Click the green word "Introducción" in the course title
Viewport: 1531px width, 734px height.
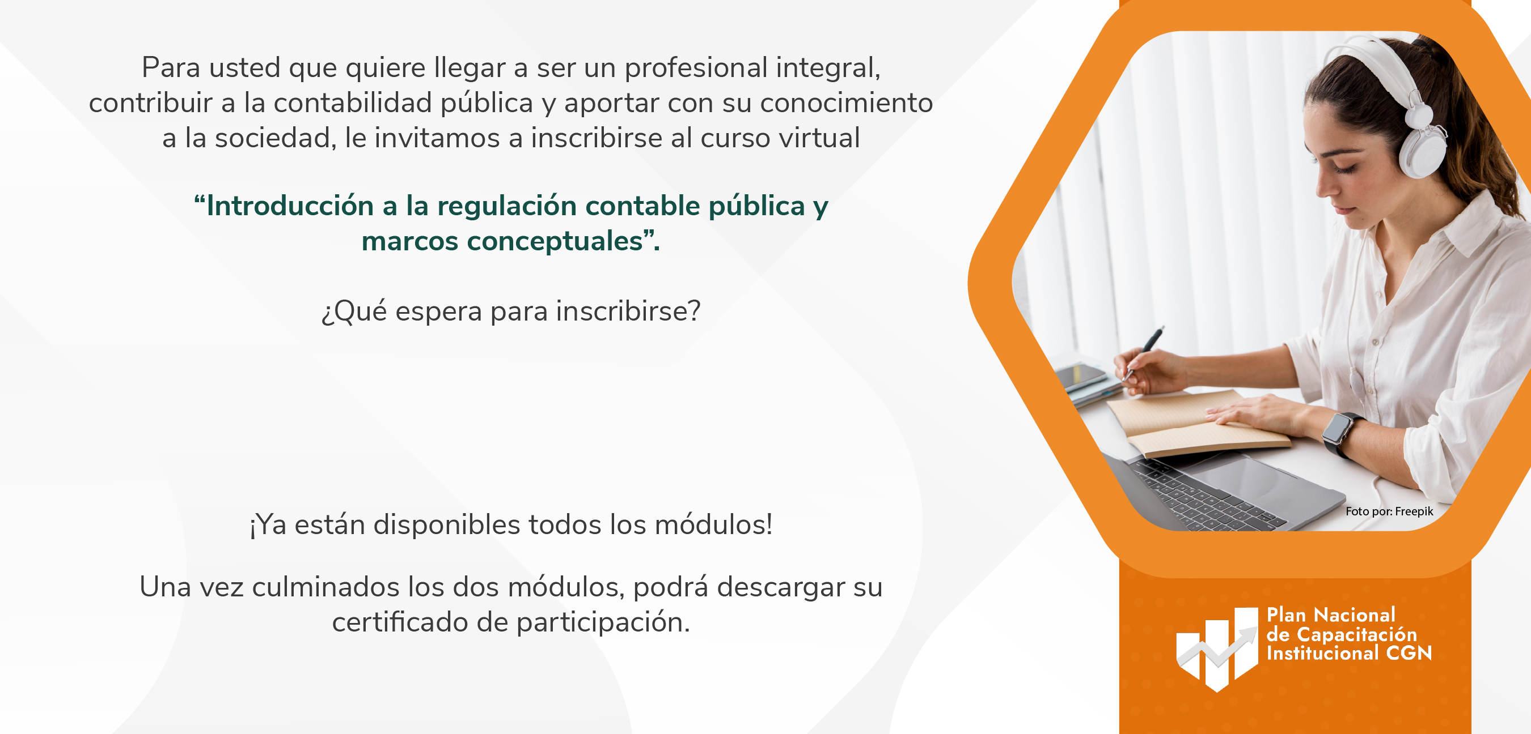pyautogui.click(x=290, y=206)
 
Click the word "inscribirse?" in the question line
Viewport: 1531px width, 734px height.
pyautogui.click(x=628, y=311)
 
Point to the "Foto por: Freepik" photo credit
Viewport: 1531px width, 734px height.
pyautogui.click(x=1389, y=511)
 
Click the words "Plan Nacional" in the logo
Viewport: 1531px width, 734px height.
pyautogui.click(x=1331, y=614)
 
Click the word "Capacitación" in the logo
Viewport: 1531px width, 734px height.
pyautogui.click(x=1357, y=634)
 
